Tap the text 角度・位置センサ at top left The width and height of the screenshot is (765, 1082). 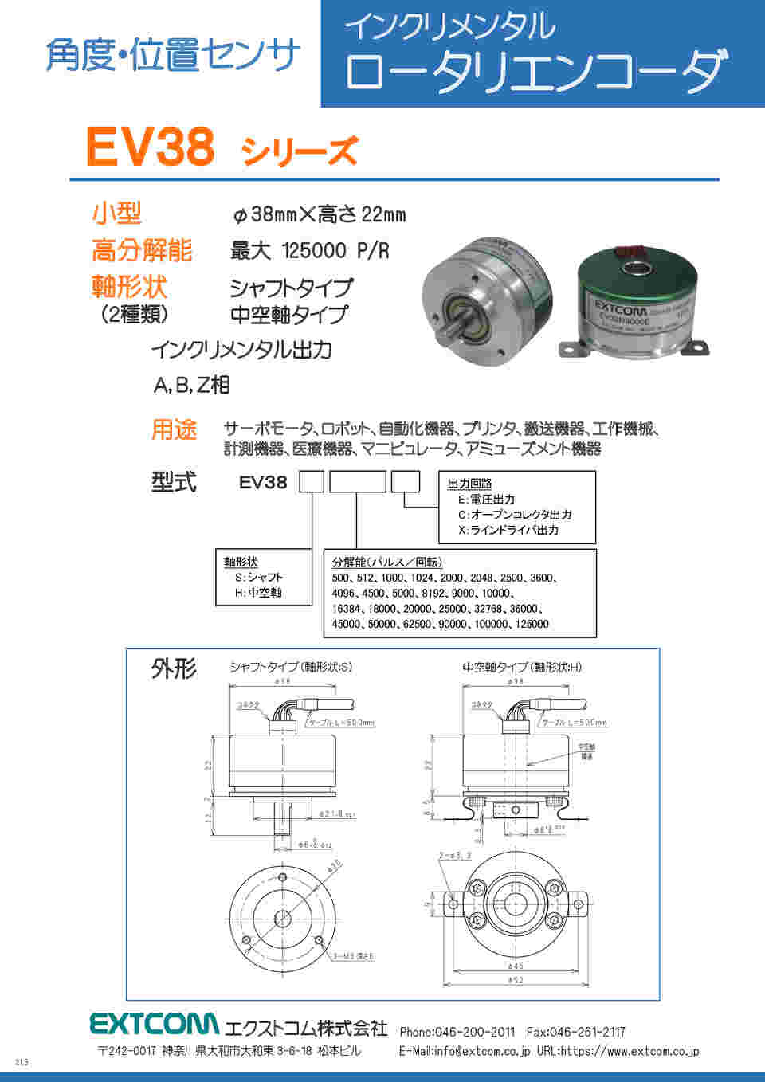[x=173, y=56]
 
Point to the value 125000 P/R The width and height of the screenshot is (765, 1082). [x=335, y=251]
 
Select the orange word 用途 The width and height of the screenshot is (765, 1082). [x=175, y=430]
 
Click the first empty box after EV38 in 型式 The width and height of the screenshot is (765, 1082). [x=311, y=482]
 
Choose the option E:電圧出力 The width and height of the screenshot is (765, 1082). [x=486, y=499]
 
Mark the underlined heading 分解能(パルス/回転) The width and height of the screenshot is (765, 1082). [x=387, y=563]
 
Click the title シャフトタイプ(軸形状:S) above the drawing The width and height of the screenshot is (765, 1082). [x=290, y=667]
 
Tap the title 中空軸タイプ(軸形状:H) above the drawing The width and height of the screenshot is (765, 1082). [x=522, y=667]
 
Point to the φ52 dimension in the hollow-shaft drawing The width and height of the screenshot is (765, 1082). [x=516, y=980]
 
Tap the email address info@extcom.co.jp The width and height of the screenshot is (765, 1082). [x=481, y=1051]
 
